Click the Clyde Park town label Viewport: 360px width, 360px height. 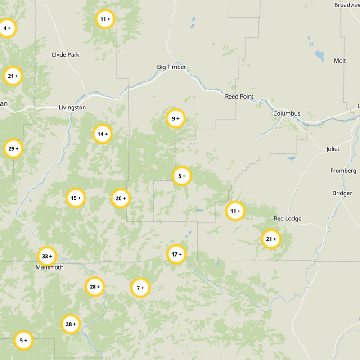pyautogui.click(x=65, y=55)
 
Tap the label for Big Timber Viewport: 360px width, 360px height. pyautogui.click(x=171, y=67)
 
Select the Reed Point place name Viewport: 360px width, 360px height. pyautogui.click(x=239, y=97)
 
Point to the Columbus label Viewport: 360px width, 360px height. pyautogui.click(x=287, y=113)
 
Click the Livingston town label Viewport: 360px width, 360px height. pyautogui.click(x=72, y=108)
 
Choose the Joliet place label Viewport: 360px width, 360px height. pyautogui.click(x=333, y=149)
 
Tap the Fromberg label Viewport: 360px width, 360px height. pyautogui.click(x=343, y=171)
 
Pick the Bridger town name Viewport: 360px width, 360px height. pyautogui.click(x=342, y=193)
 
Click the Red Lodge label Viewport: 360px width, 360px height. pyautogui.click(x=288, y=219)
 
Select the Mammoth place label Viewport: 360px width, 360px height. pyautogui.click(x=49, y=267)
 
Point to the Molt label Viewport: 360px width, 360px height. pyautogui.click(x=340, y=61)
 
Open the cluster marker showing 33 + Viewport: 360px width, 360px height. pyautogui.click(x=47, y=256)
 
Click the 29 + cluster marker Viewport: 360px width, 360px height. pyautogui.click(x=13, y=148)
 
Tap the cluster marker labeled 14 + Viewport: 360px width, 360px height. pyautogui.click(x=103, y=134)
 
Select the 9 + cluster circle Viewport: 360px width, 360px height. pyautogui.click(x=175, y=119)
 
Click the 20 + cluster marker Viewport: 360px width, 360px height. pyautogui.click(x=121, y=198)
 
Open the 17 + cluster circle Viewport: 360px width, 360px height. pyautogui.click(x=176, y=254)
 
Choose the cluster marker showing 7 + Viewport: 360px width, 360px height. pyautogui.click(x=140, y=288)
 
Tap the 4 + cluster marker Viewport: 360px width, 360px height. pyautogui.click(x=7, y=28)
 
